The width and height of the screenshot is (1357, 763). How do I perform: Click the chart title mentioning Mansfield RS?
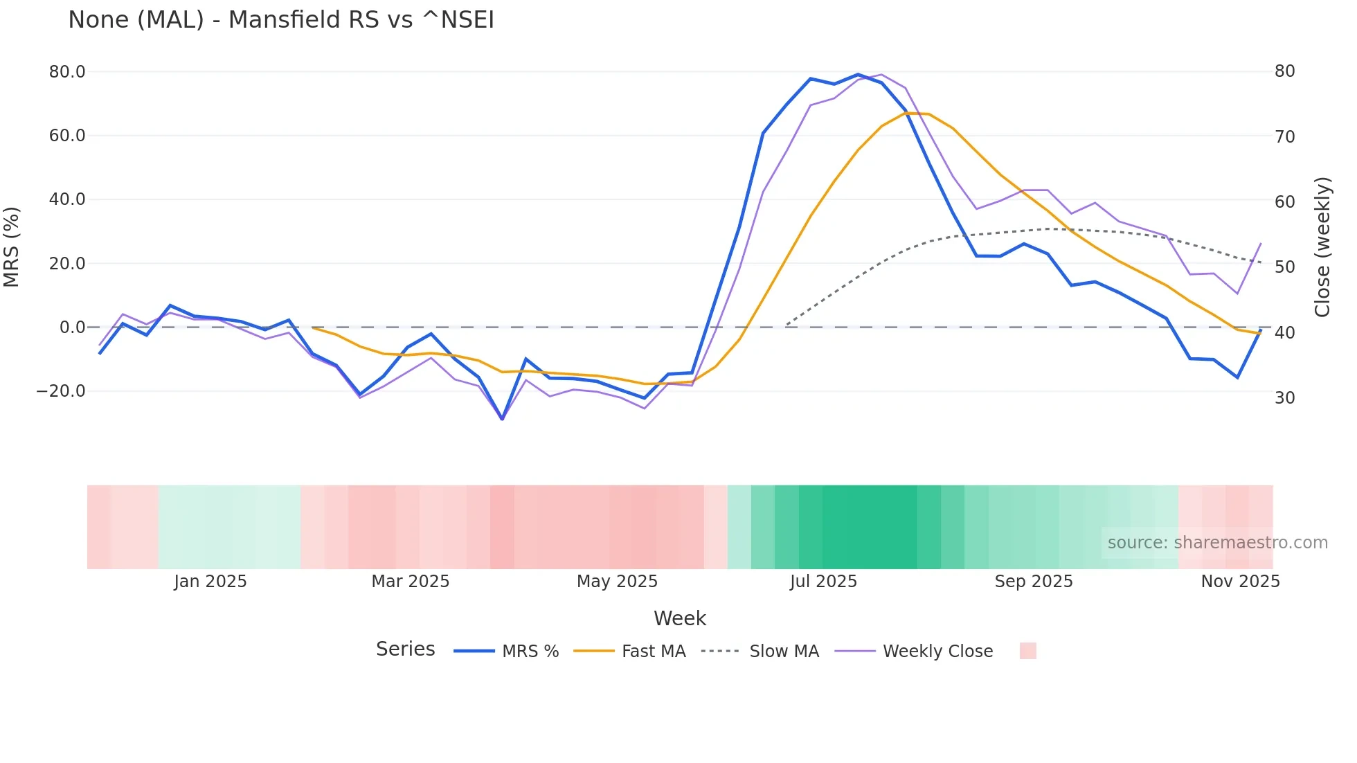[x=281, y=20]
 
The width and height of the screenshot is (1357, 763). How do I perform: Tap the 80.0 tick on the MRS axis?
[x=67, y=72]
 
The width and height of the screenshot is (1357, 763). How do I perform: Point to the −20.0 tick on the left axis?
[x=61, y=391]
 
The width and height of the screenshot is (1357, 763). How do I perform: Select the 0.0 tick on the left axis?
[x=73, y=327]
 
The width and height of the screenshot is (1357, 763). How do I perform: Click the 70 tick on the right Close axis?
[x=1284, y=137]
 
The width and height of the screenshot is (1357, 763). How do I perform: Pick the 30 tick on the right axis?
[x=1284, y=398]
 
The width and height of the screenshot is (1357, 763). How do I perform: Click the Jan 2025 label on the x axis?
[x=210, y=582]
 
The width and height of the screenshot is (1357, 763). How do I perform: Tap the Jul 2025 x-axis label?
[x=823, y=582]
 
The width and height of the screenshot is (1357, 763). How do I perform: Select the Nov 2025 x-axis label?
[x=1240, y=582]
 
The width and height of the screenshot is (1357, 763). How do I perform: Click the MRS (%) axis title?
[x=12, y=247]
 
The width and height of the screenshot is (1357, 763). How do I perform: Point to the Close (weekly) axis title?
[x=1322, y=247]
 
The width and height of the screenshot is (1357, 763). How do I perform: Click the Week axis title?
[x=679, y=618]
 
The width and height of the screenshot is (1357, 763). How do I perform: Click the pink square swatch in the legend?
[x=1027, y=651]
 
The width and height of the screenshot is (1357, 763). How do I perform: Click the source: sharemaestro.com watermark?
[x=1217, y=543]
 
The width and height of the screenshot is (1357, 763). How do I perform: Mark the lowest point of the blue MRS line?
[x=503, y=419]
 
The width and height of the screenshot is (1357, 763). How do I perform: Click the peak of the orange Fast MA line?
[x=906, y=113]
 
